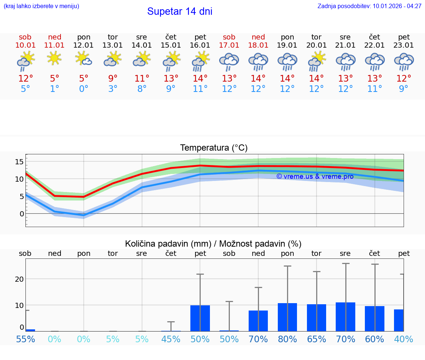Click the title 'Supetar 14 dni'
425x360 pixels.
[x=180, y=11]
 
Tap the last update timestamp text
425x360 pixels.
[x=369, y=6]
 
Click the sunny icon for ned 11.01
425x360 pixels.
[x=55, y=58]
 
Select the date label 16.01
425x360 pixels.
[x=200, y=45]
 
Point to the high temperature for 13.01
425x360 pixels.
[x=113, y=79]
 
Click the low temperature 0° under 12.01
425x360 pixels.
[x=84, y=89]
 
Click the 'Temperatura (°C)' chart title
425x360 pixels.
[x=214, y=148]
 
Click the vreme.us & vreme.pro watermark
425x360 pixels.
[x=315, y=176]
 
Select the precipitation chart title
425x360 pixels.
[x=213, y=244]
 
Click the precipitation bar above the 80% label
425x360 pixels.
[x=287, y=317]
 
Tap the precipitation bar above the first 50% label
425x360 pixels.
[x=200, y=318]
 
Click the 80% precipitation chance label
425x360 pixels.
[x=287, y=339]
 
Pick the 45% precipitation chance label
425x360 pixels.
[x=171, y=339]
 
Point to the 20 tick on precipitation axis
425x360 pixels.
[x=20, y=279]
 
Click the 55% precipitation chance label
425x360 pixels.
[x=25, y=339]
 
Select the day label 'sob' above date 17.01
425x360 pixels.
[x=229, y=37]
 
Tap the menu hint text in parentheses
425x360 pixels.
[x=41, y=6]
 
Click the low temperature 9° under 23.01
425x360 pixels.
[x=404, y=89]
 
